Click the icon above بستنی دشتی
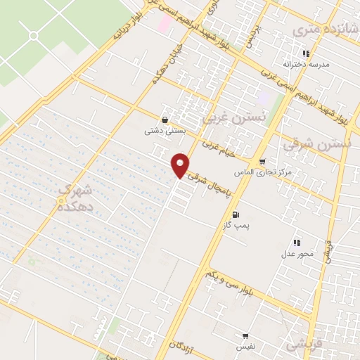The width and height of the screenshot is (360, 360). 165,119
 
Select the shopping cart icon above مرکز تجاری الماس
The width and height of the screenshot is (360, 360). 262,161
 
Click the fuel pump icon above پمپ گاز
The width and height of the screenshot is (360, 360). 234,214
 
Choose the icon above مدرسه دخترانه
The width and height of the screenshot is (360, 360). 306,53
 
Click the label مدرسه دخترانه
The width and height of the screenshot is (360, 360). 305,64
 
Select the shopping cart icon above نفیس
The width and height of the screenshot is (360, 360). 245,336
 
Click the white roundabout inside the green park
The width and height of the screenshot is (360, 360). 33,35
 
